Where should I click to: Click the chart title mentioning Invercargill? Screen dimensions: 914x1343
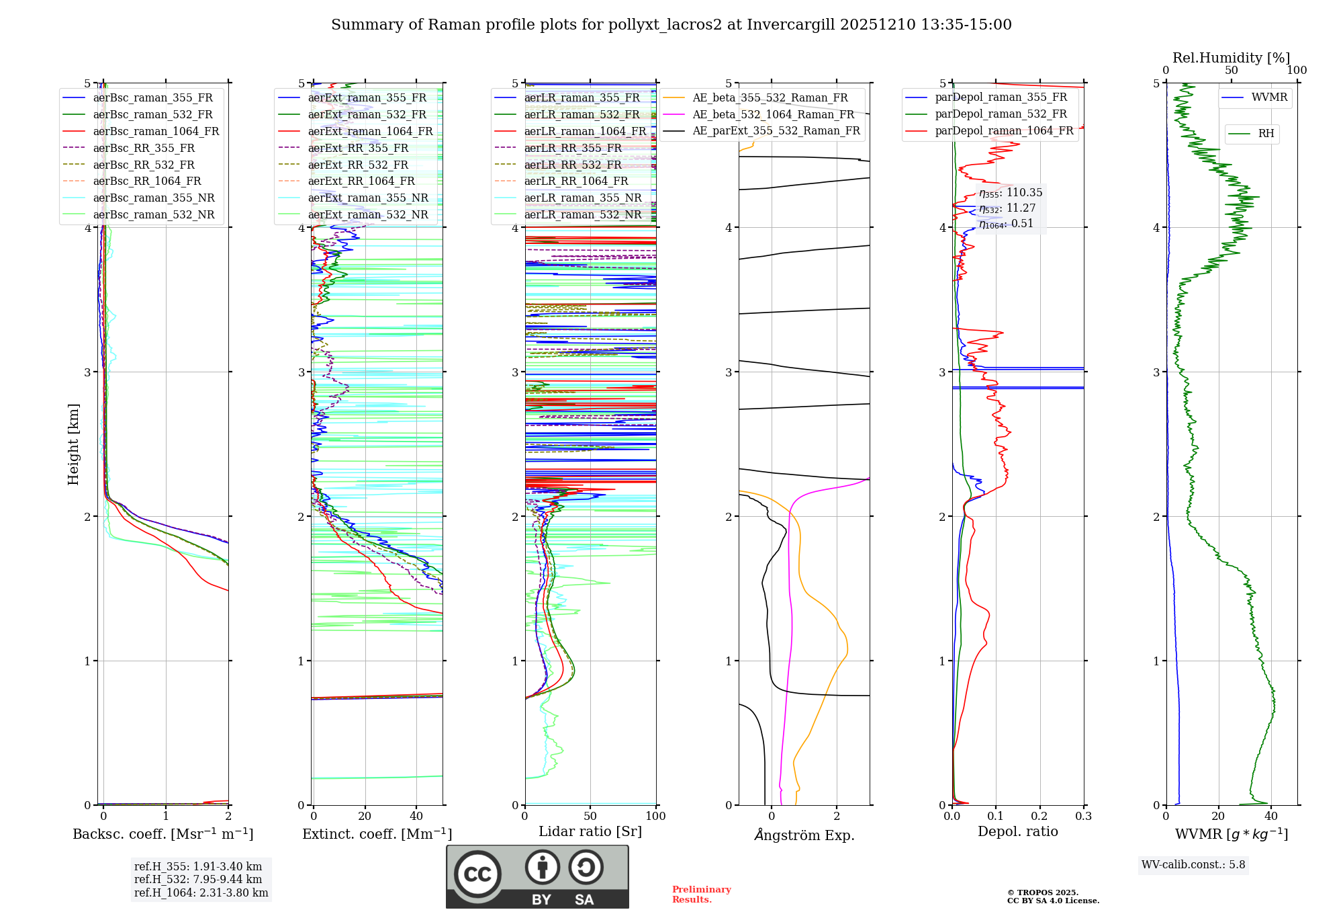671,25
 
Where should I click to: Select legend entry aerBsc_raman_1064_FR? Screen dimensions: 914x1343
156,131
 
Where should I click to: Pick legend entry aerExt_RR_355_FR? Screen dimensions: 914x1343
358,148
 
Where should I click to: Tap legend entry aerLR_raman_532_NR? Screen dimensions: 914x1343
582,214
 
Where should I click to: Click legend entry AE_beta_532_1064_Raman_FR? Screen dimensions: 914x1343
773,114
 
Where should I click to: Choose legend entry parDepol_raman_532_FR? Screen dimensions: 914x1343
1001,114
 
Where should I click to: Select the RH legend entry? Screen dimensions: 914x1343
1266,134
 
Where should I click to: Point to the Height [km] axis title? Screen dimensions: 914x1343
73,444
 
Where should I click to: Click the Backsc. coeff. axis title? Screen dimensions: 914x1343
163,834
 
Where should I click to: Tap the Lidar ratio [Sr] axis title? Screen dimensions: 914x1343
590,831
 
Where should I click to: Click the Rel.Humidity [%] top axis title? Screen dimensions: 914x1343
1231,58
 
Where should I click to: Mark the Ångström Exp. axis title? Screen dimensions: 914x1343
804,835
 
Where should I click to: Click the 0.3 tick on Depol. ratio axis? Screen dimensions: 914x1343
1083,816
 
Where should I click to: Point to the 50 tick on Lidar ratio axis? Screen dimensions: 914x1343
590,816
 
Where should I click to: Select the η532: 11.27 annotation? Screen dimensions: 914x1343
1007,208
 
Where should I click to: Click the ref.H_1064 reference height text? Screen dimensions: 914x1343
201,892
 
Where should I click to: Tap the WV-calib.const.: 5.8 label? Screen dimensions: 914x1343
1193,865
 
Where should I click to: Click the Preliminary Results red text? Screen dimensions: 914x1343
701,895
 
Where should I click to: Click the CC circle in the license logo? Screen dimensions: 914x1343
477,874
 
